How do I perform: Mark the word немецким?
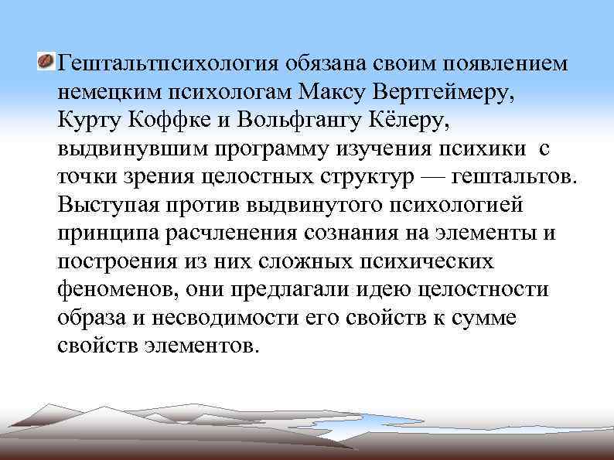coord(107,91)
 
